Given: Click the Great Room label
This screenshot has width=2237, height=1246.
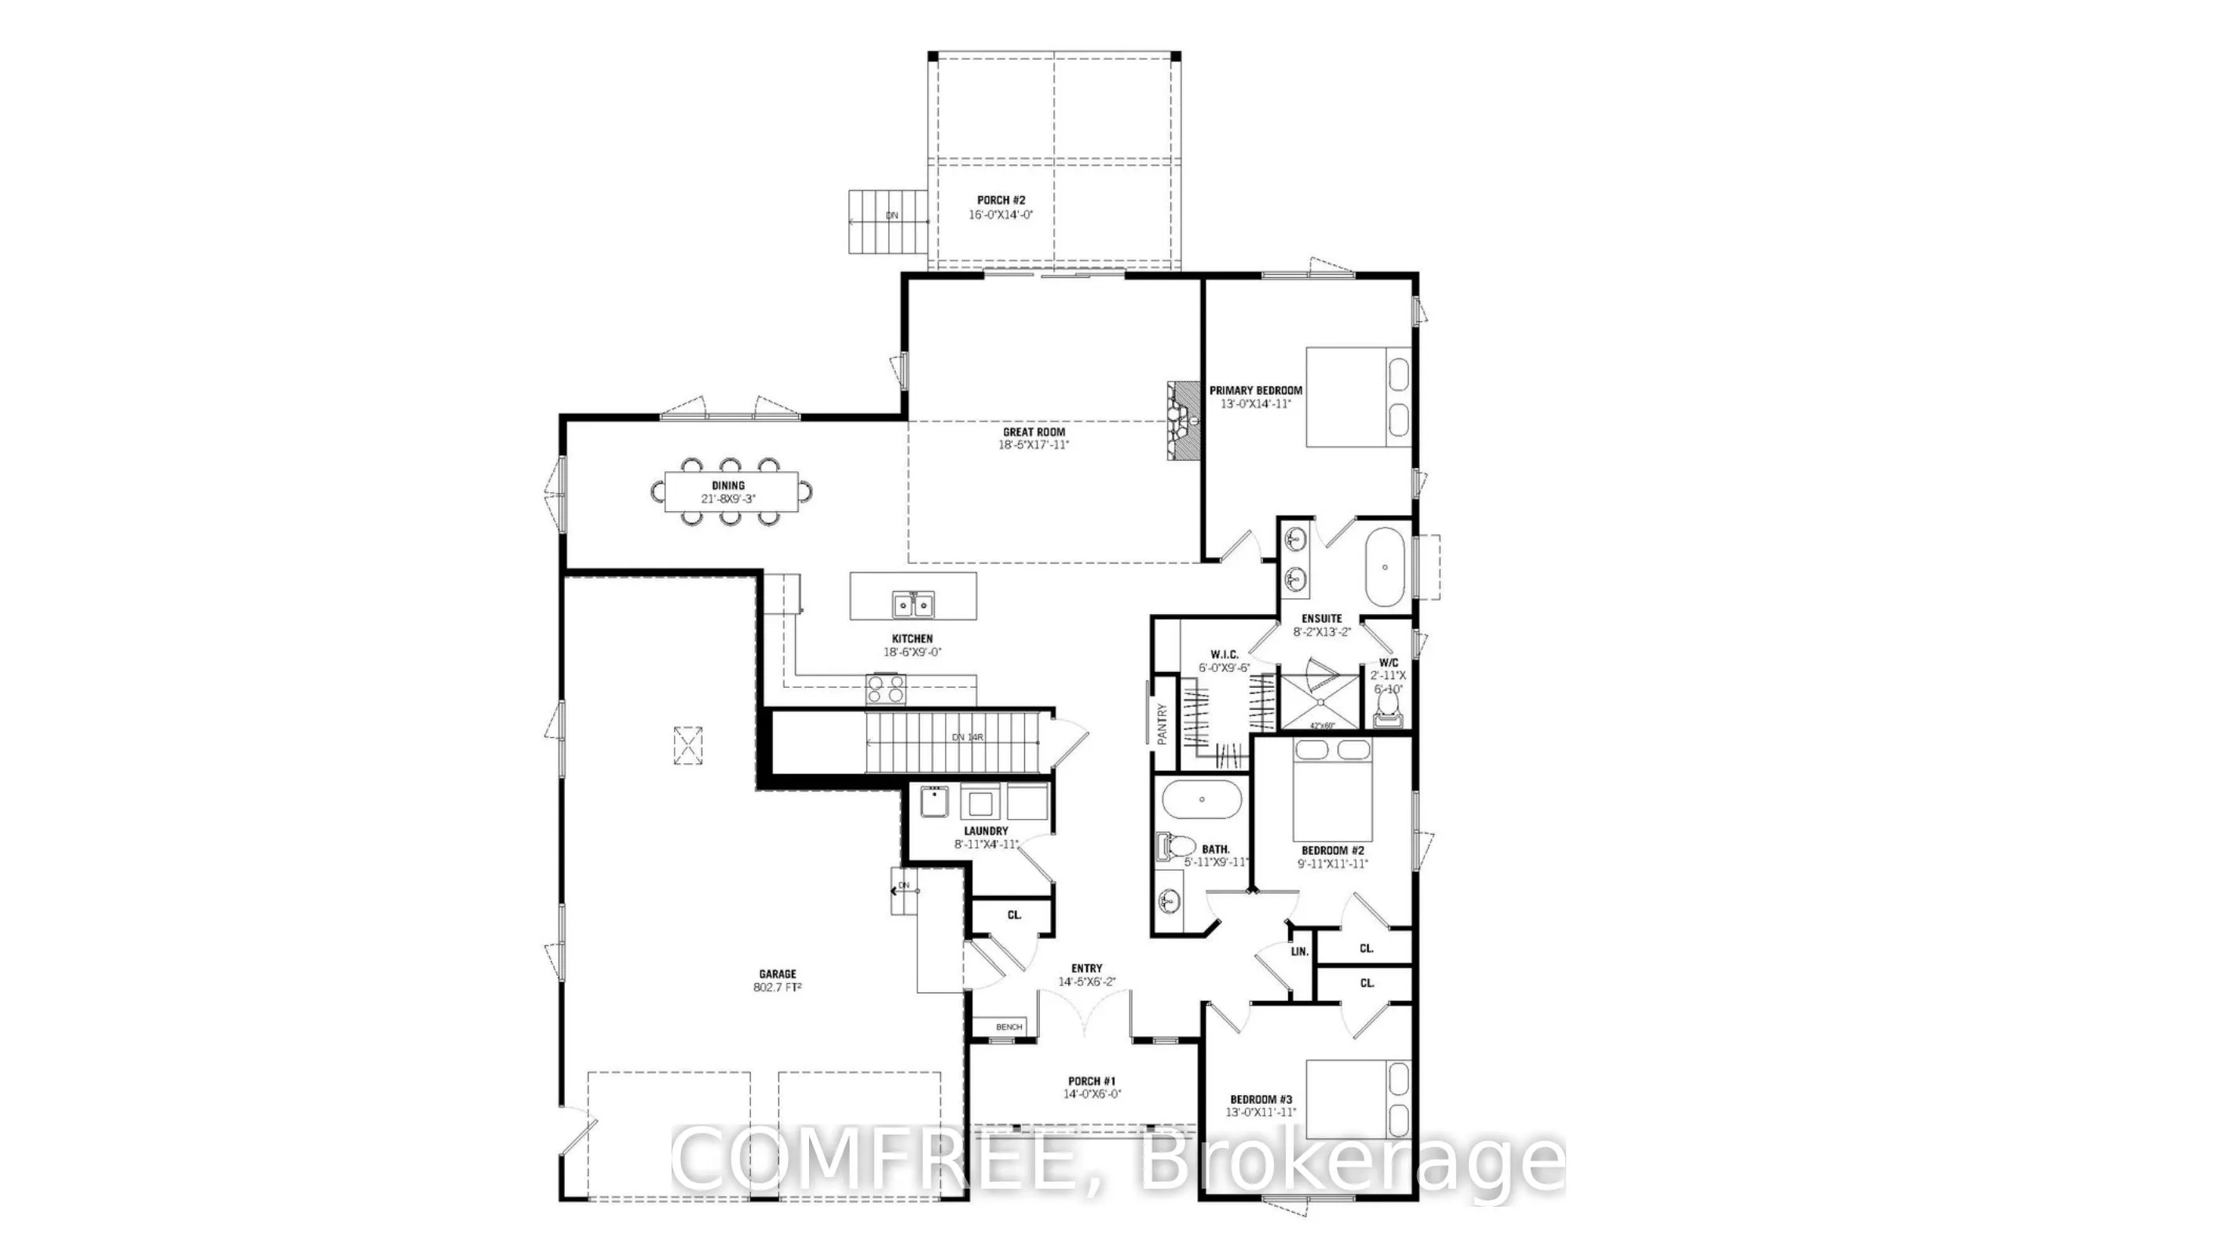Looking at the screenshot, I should point(1034,432).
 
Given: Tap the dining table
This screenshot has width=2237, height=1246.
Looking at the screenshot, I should point(730,492).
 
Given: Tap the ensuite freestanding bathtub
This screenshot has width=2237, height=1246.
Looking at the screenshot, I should point(1384,567).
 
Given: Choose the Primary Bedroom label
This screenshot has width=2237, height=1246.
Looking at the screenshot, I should point(1256,391).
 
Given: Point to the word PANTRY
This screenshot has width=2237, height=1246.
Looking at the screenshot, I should point(1162,723).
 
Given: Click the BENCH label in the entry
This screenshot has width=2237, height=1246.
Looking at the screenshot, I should point(1009,1027).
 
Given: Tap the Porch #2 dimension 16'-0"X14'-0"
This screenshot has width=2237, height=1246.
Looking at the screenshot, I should point(1001,214).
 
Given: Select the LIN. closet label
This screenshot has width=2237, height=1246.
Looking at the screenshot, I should point(1299,952).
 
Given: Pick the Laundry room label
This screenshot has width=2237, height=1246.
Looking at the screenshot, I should point(986,831).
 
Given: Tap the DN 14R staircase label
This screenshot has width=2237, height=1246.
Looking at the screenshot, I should point(968,737).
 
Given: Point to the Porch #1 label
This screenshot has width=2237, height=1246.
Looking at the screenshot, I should point(1092,1081).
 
